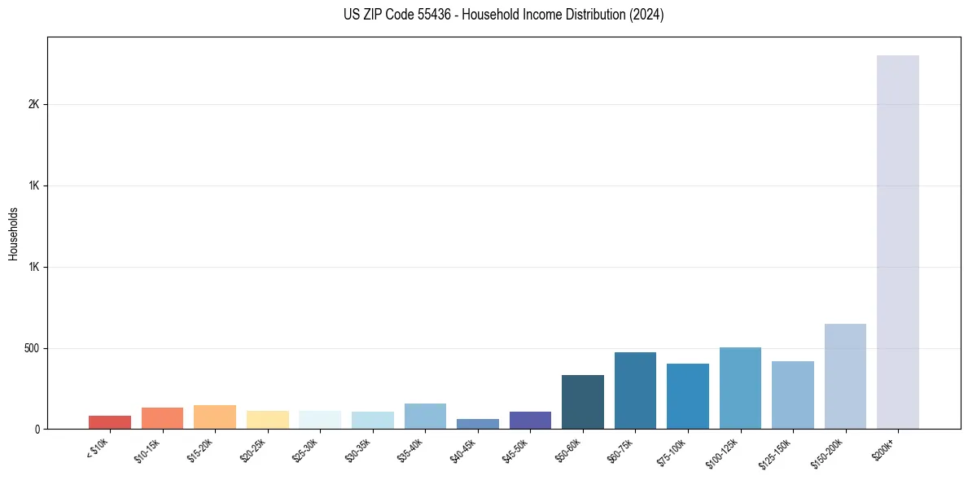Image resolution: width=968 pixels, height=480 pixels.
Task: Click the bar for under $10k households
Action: pos(110,422)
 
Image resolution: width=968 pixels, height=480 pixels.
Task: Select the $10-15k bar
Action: pos(162,418)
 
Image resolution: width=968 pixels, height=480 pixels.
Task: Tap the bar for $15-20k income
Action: pos(215,417)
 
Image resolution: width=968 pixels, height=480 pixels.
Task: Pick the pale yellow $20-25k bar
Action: pos(268,420)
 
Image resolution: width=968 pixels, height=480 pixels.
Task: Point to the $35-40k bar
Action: pos(425,417)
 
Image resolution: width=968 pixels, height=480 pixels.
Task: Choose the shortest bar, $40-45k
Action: pos(478,424)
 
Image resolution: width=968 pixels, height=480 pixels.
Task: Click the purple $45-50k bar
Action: pos(530,421)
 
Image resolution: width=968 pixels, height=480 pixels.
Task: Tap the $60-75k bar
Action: pos(635,391)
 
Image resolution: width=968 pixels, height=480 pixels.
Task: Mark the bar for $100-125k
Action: pos(740,388)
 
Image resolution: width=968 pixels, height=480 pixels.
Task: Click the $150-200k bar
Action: pos(845,377)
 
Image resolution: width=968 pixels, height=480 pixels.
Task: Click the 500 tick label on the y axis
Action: pos(31,348)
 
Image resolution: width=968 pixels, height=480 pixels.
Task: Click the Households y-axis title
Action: pos(13,233)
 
